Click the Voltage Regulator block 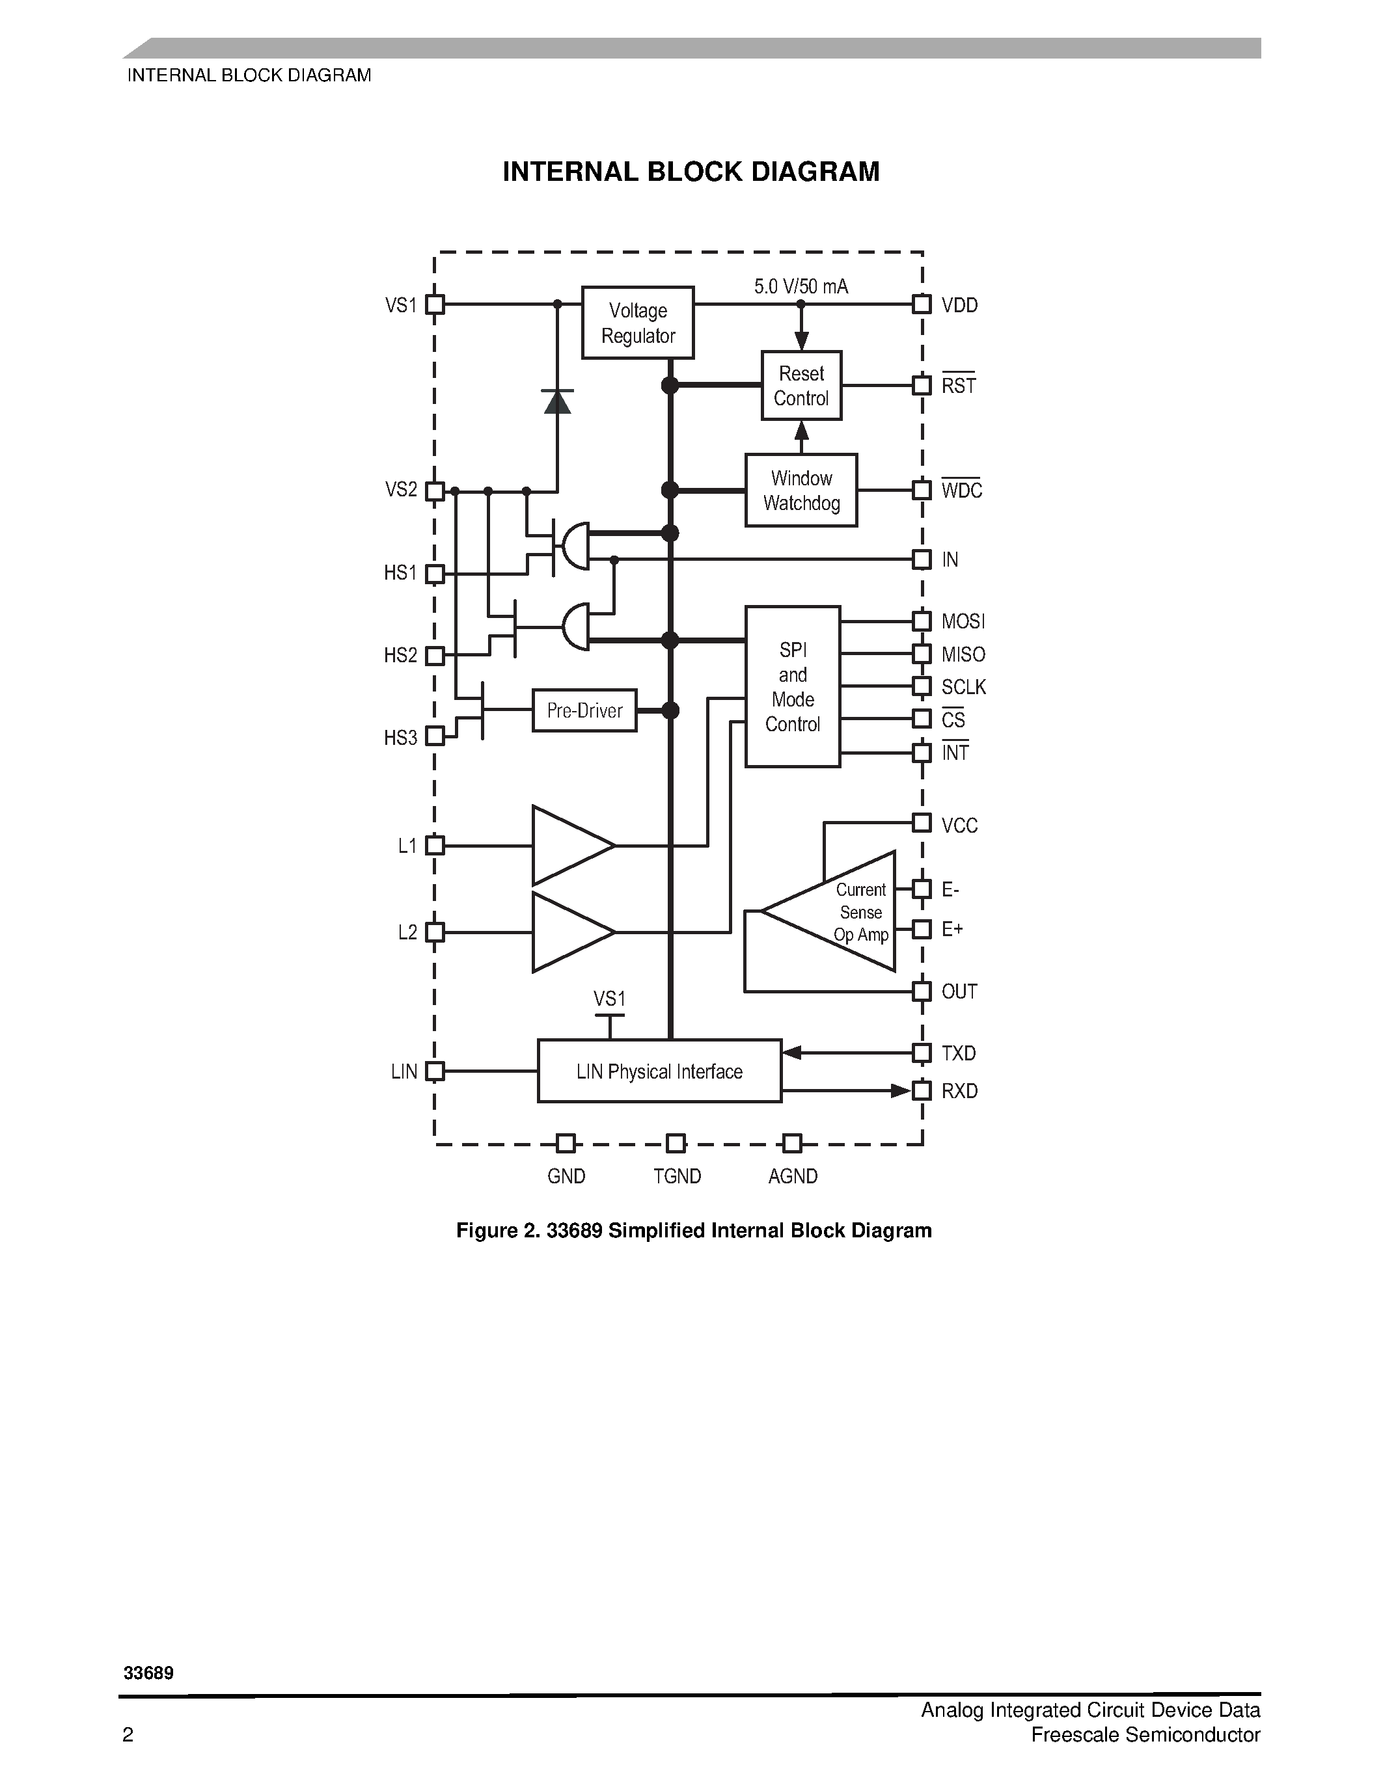(x=637, y=323)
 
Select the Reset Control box (x=801, y=386)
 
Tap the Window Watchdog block (x=801, y=491)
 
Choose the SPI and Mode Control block (x=792, y=686)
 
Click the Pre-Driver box (x=584, y=710)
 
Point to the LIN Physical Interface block (x=659, y=1071)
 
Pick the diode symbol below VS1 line (x=557, y=401)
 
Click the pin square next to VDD (x=922, y=304)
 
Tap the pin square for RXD (x=922, y=1091)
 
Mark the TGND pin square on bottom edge (x=675, y=1143)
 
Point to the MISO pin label (x=963, y=654)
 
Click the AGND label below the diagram (x=792, y=1176)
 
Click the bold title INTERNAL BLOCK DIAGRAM (x=691, y=172)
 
